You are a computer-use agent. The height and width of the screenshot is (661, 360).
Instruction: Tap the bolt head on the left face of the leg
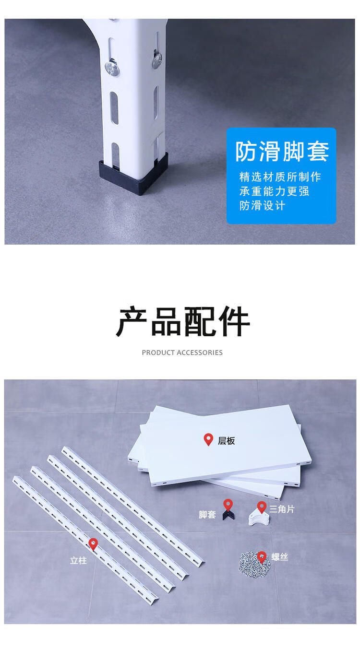pos(112,68)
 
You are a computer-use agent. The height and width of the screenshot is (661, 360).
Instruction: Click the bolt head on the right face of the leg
pos(157,60)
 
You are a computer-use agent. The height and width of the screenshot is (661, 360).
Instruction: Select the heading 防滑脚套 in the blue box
pos(282,152)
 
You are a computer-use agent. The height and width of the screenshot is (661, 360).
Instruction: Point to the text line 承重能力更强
pos(275,191)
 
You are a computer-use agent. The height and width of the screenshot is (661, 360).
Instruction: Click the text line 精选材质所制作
pos(280,177)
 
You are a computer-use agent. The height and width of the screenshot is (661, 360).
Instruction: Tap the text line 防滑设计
pos(262,206)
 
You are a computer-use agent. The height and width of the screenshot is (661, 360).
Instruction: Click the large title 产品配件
pos(183,322)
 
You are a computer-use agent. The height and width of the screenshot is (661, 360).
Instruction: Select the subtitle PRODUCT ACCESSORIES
pos(182,353)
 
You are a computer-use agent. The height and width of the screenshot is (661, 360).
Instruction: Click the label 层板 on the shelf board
pos(226,441)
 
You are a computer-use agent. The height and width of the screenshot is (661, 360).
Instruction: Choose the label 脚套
pos(207,515)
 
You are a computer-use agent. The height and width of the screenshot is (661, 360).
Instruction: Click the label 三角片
pos(282,509)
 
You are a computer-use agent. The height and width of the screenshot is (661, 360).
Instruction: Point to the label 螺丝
pos(279,557)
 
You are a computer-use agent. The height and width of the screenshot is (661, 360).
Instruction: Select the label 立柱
pos(78,560)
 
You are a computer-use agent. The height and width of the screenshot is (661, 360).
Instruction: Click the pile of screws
pos(254,564)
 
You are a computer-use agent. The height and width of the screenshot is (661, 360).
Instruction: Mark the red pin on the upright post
pos(93,544)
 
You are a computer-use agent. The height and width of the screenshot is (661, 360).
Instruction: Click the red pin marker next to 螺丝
pos(262,557)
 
